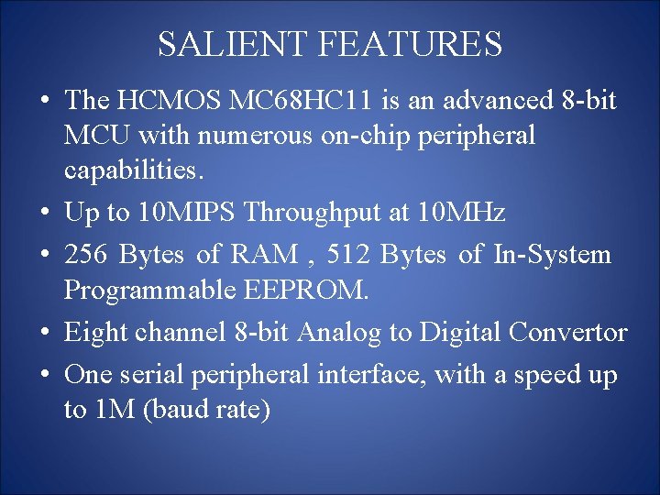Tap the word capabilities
tap(130, 170)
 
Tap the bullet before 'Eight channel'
tap(45, 333)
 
